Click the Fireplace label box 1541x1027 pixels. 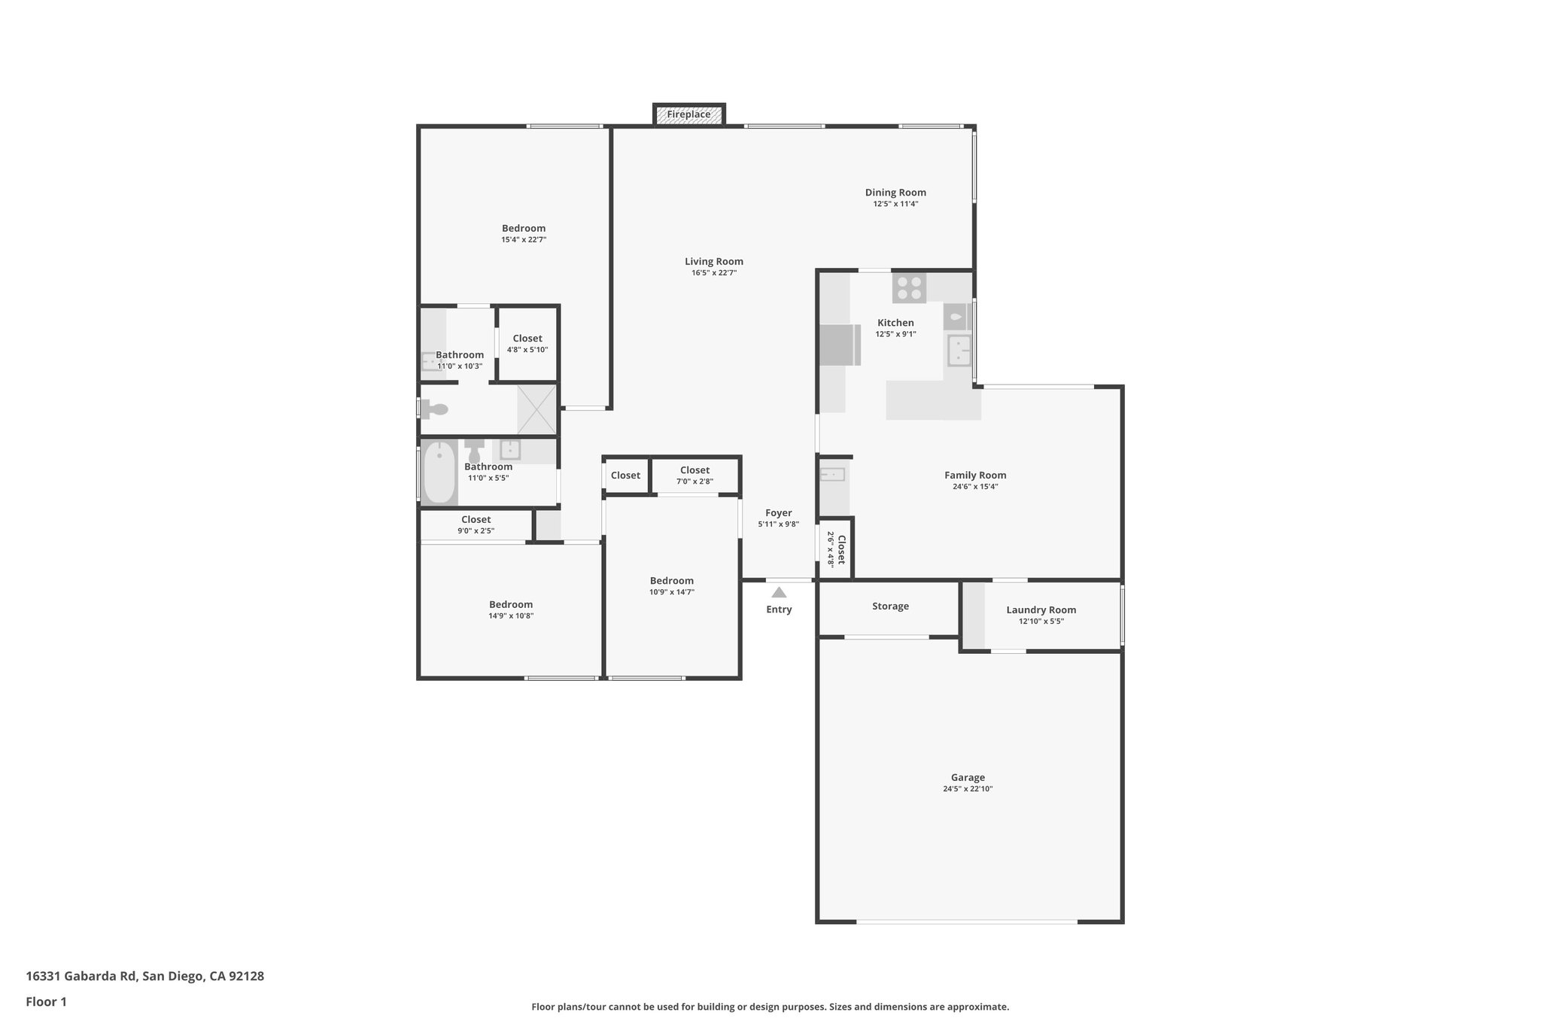688,114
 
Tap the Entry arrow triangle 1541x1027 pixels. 779,593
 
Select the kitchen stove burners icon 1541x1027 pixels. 909,289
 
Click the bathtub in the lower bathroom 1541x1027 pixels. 439,472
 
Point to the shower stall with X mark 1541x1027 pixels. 536,409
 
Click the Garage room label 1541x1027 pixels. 968,778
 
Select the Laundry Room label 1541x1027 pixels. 1041,610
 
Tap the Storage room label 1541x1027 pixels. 890,606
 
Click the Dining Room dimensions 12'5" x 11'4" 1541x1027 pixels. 895,204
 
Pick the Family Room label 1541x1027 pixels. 975,476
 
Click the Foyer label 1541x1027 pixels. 778,513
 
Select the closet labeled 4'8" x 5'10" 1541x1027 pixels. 527,344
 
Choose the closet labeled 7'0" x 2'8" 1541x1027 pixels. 695,476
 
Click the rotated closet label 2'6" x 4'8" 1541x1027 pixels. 836,549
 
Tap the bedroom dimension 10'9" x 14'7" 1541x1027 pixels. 672,592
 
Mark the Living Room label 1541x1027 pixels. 714,262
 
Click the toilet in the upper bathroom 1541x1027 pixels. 434,409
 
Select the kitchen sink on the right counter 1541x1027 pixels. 959,351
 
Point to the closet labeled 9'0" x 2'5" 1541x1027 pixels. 476,524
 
